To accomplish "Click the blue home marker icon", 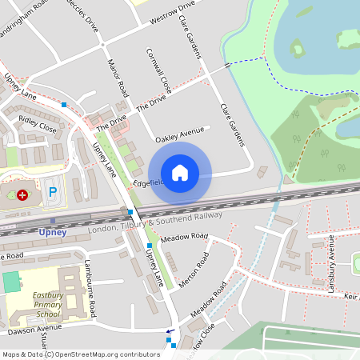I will pos(180,173).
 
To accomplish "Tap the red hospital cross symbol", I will pos(22,194).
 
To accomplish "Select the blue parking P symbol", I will pos(53,192).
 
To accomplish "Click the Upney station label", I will pos(52,232).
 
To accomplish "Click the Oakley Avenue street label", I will pos(182,133).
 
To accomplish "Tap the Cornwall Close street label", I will pos(159,70).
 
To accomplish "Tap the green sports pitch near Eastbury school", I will pos(11,282).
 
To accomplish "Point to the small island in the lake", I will pos(298,49).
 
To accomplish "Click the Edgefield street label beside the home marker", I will pos(148,182).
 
